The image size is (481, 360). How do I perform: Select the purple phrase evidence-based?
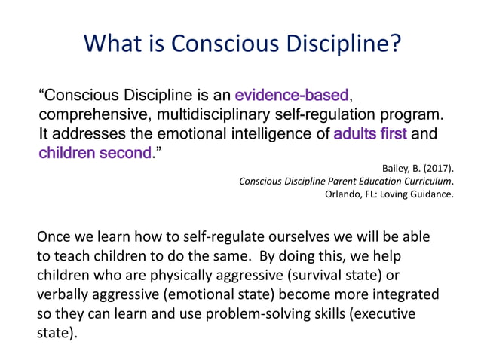292,96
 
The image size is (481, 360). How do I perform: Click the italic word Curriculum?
427,182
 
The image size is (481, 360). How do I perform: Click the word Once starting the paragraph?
56,236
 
